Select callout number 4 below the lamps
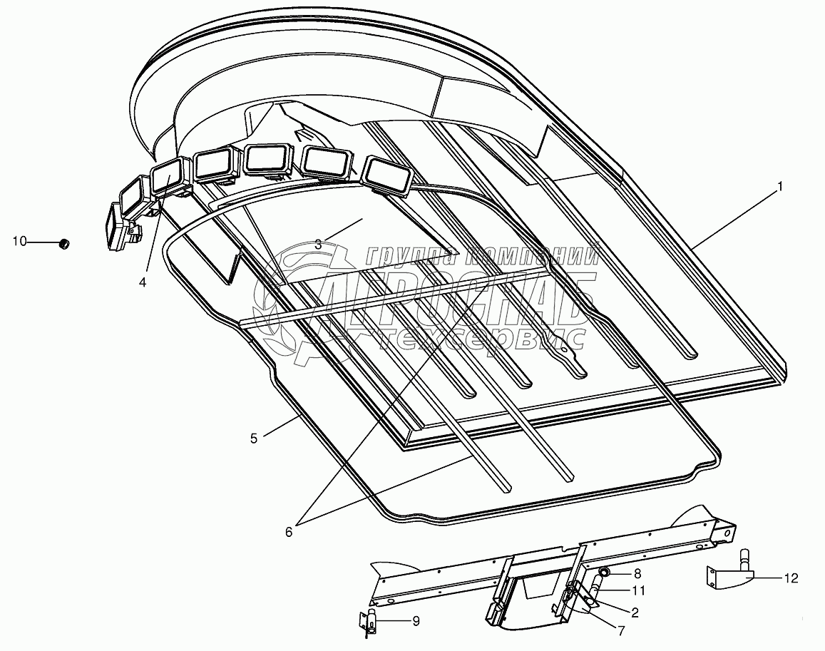click(143, 282)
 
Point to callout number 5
click(254, 438)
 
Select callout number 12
click(792, 578)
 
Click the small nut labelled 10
click(63, 244)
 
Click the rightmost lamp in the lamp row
click(388, 175)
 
